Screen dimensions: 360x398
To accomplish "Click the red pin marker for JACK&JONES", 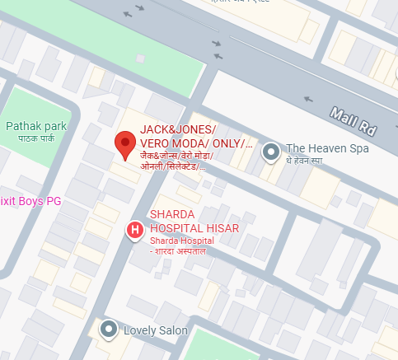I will [x=124, y=144].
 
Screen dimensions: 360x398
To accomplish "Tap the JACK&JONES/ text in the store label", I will [x=178, y=130].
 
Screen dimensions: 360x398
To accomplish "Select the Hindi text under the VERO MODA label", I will [x=176, y=161].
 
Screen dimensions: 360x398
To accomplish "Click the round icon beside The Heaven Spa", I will [x=270, y=152].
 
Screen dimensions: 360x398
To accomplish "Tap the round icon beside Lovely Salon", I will [x=108, y=330].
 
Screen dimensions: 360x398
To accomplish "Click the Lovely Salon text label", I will [x=156, y=330].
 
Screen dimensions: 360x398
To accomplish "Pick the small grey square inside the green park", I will [x=140, y=58].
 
